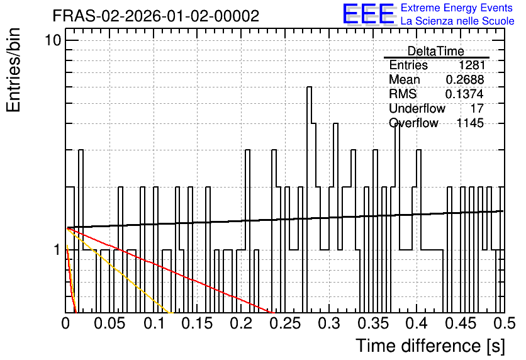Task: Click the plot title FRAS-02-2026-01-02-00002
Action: click(x=156, y=16)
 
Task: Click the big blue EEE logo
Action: click(x=369, y=14)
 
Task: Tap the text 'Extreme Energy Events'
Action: click(x=457, y=8)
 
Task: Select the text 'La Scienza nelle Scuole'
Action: click(x=457, y=21)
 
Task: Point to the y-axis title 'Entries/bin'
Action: click(x=14, y=70)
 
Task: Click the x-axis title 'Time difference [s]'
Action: click(x=430, y=346)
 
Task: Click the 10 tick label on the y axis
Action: click(x=53, y=41)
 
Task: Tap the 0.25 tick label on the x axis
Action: click(x=285, y=323)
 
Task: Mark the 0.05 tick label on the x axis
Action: click(x=109, y=323)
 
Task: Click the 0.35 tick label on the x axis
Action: click(x=372, y=323)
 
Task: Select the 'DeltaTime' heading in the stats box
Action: click(x=436, y=51)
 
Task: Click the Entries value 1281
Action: click(x=472, y=65)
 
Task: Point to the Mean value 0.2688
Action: click(x=465, y=79)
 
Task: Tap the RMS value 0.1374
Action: click(x=464, y=94)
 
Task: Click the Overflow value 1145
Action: click(x=470, y=123)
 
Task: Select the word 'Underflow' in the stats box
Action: click(x=417, y=108)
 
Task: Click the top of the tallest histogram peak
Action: click(x=310, y=87)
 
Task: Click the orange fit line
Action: click(x=120, y=271)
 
